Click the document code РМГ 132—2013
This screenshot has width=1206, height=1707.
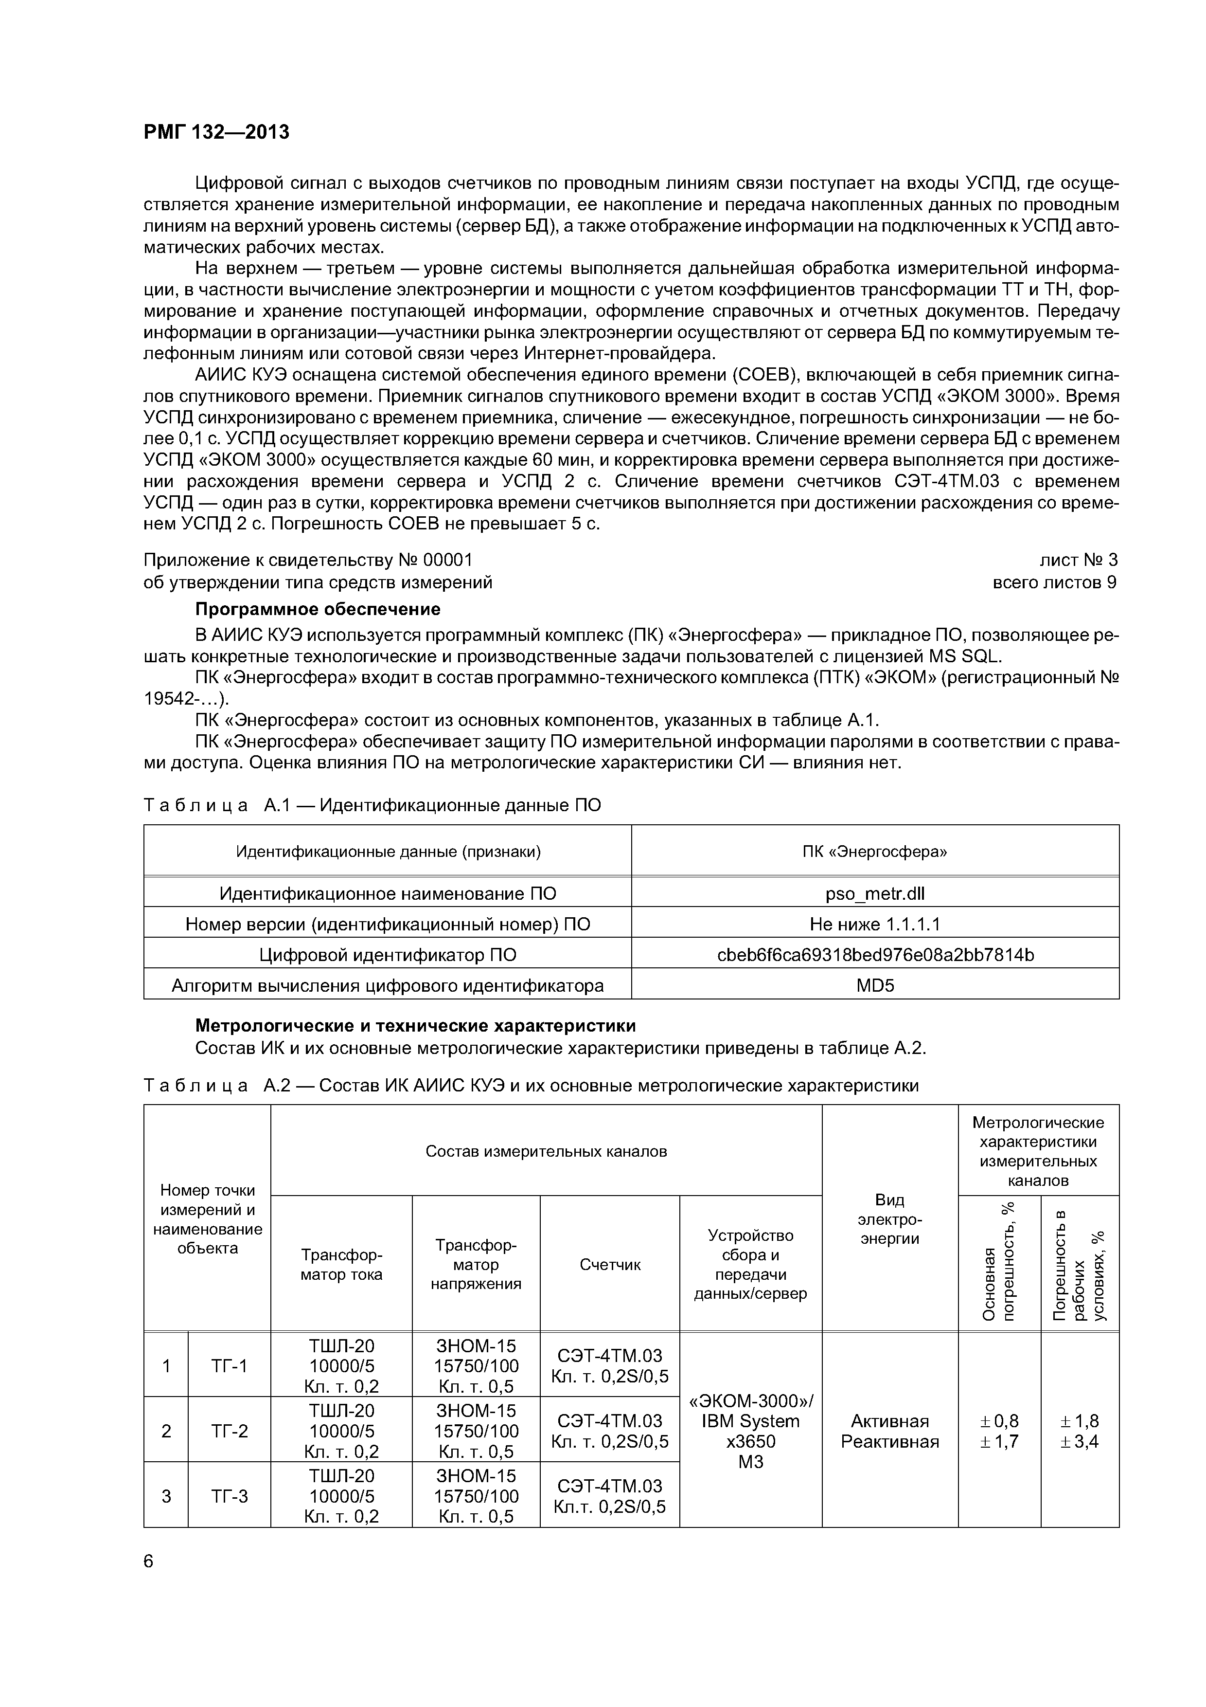pos(216,132)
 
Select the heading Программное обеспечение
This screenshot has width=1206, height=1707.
pos(317,609)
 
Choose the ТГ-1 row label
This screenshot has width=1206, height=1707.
pos(230,1366)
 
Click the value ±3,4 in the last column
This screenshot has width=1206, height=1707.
pos(1080,1442)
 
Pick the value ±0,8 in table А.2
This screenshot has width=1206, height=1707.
pos(999,1421)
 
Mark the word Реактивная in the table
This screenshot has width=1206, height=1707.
pos(889,1442)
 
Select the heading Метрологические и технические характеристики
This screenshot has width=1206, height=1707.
pos(415,1026)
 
